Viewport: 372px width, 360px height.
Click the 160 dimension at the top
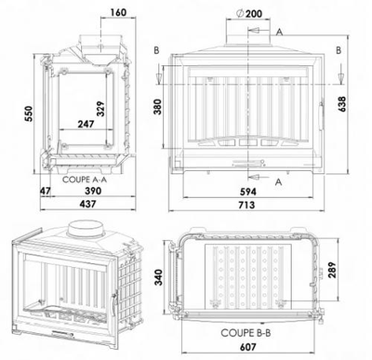[118, 12]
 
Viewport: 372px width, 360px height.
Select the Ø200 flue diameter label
[248, 13]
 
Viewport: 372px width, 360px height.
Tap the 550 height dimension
[29, 113]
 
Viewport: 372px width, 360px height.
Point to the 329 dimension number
[100, 109]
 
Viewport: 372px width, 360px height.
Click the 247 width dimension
[86, 124]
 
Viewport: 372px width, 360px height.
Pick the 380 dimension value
[158, 107]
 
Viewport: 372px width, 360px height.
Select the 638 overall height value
[342, 104]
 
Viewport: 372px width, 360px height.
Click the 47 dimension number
[46, 191]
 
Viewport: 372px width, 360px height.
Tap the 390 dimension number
[93, 191]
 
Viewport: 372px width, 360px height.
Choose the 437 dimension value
[87, 204]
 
